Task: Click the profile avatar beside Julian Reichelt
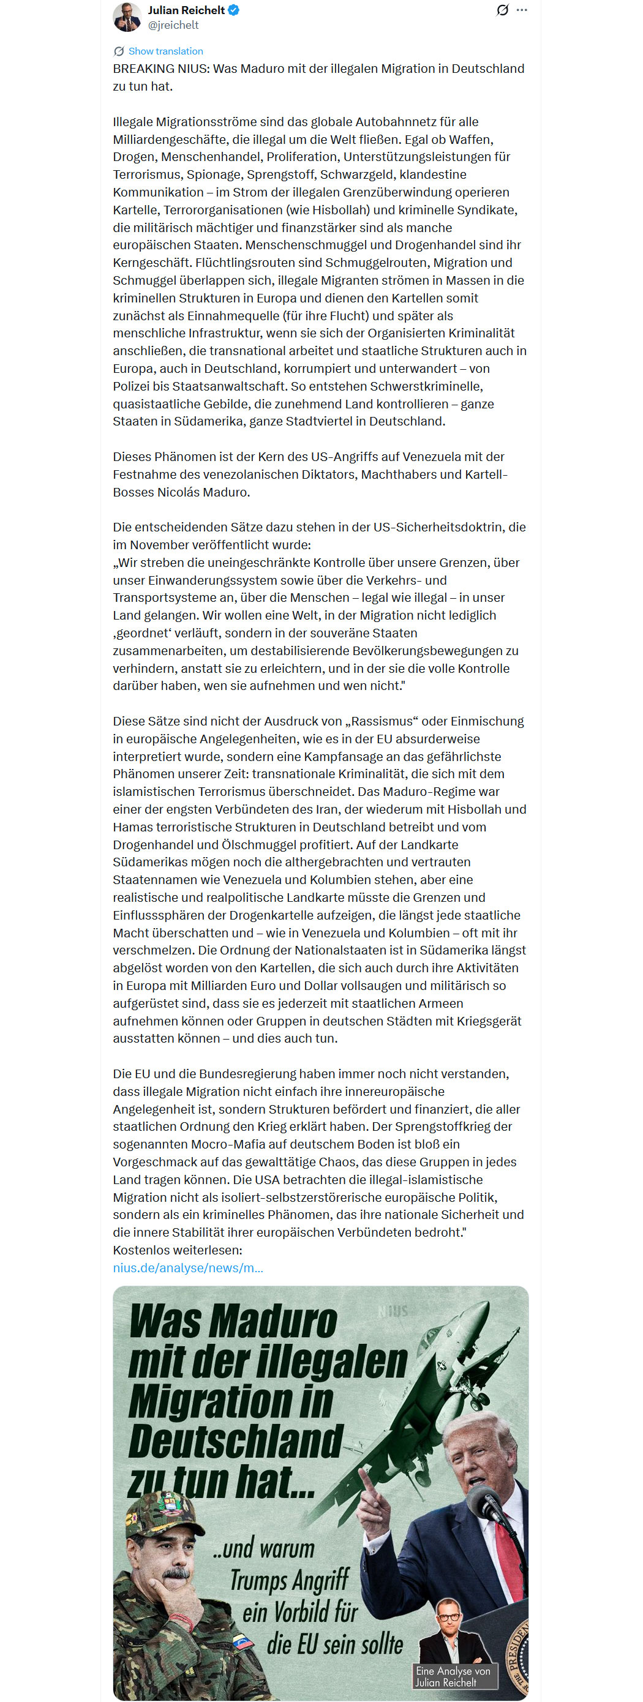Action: coord(127,17)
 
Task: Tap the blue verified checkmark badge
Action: coord(233,10)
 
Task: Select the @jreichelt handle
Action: coord(173,25)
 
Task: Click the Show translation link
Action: coord(165,51)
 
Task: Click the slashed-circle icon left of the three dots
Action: coord(502,10)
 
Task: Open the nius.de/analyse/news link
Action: coord(187,1267)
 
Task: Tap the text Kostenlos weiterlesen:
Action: coord(177,1250)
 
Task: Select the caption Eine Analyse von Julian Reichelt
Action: coord(453,1676)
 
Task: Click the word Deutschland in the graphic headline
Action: coord(235,1441)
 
